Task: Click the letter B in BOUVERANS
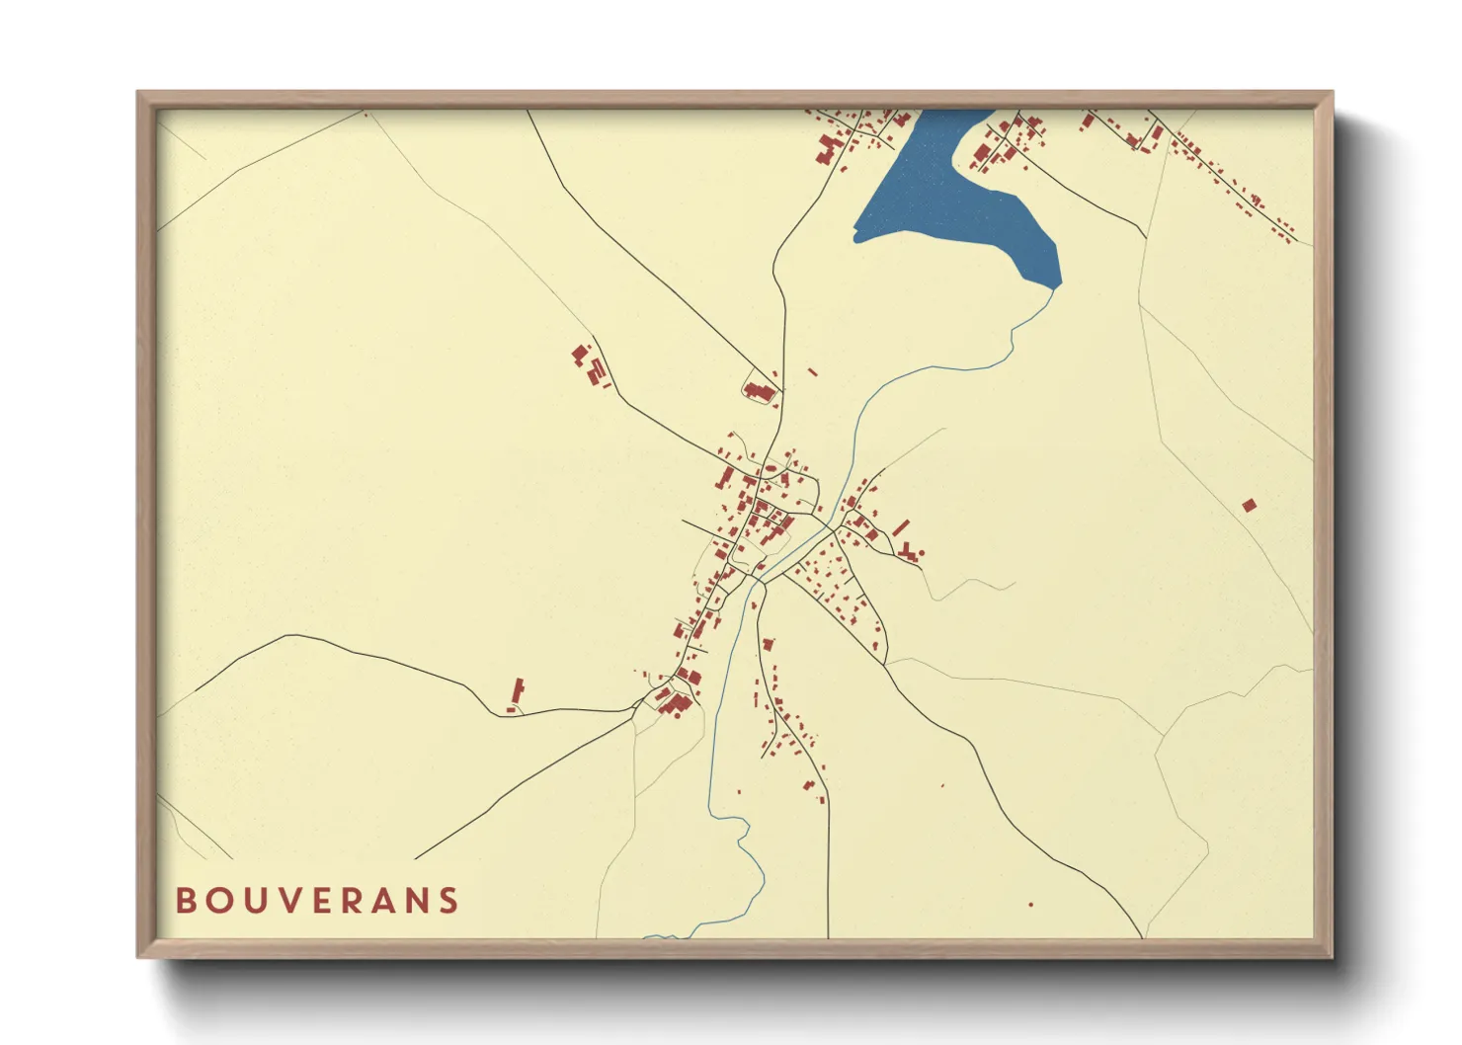185,901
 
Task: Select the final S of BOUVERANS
449,901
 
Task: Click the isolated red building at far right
1249,506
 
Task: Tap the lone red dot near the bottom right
1030,905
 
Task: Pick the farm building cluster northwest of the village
590,365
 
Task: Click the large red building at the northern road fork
759,392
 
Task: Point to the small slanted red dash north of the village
813,372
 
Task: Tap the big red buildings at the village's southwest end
676,702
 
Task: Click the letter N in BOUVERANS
418,901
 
